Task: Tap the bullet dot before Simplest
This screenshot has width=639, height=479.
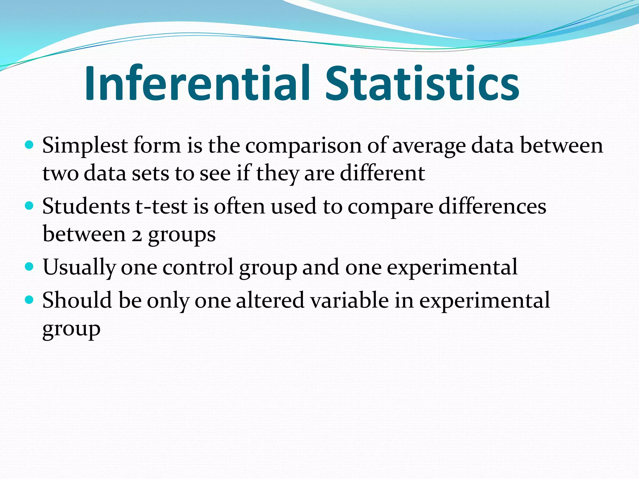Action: (x=29, y=145)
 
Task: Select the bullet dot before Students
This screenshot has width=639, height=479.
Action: (x=29, y=206)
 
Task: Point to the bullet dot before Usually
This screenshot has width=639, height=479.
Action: (x=29, y=267)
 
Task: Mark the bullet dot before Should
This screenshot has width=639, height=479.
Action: (x=29, y=300)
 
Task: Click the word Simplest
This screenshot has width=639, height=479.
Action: (x=85, y=146)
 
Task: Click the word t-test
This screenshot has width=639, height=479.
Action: (x=161, y=206)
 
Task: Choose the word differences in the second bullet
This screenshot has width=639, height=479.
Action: (x=492, y=206)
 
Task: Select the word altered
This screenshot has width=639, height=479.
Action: (x=270, y=300)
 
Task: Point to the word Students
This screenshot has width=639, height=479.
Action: (x=86, y=206)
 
